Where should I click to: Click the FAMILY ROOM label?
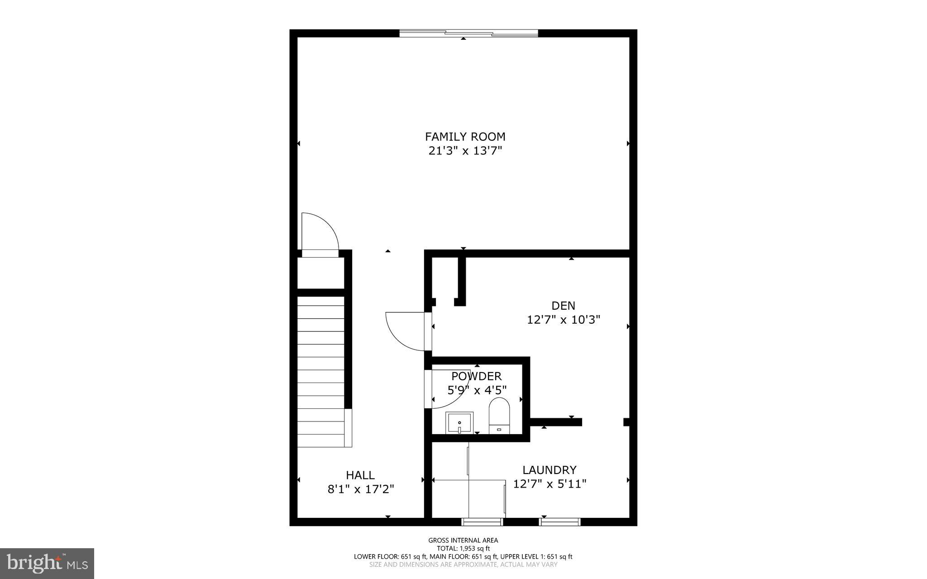(465, 136)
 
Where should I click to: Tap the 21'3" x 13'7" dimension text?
(465, 151)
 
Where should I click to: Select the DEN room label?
(563, 306)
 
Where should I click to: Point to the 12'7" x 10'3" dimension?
(563, 320)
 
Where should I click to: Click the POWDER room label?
(476, 376)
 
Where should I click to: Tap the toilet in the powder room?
(499, 415)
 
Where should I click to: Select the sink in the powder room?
(459, 423)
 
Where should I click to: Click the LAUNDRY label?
(550, 470)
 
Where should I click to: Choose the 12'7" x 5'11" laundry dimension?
(550, 484)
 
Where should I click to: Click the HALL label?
(360, 475)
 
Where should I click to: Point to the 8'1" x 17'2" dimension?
(361, 489)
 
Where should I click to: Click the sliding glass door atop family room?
(468, 33)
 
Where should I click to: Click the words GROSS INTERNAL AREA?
(463, 540)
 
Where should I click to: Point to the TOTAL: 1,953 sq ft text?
(463, 548)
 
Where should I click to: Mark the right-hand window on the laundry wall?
(559, 522)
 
